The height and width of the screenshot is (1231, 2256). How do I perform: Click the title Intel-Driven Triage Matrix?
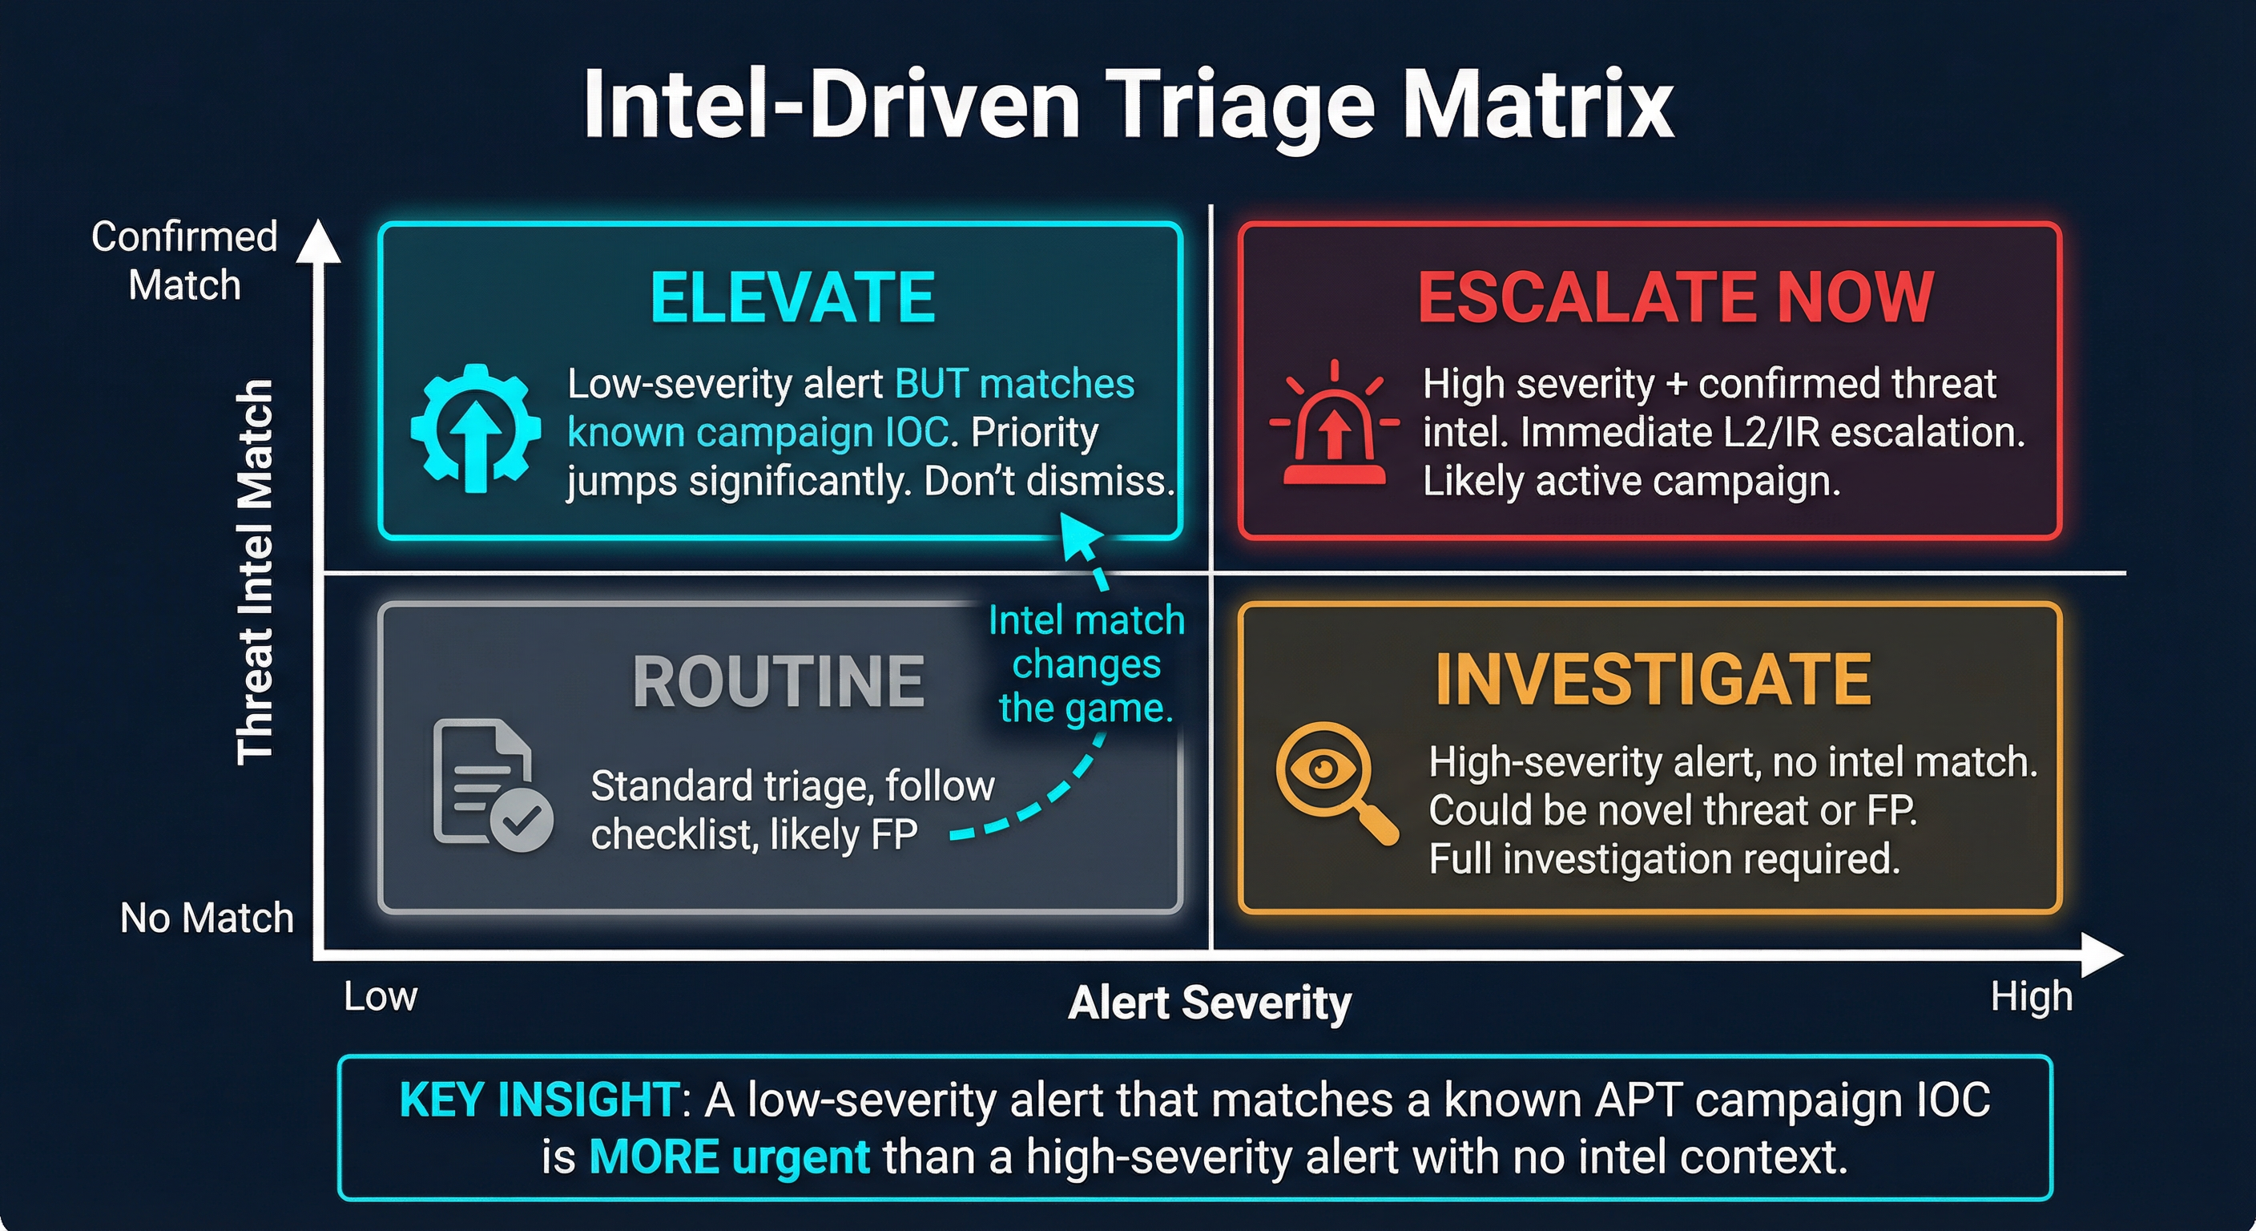tap(1128, 105)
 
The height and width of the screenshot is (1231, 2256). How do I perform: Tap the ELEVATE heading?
tap(792, 298)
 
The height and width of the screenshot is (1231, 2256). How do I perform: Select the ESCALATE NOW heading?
tap(1674, 298)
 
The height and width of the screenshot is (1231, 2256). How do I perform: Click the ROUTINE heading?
tap(778, 682)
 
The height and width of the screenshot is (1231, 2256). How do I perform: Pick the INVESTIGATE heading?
tap(1654, 680)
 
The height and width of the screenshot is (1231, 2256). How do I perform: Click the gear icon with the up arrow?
tap(476, 428)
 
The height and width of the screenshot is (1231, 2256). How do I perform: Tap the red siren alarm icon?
tap(1334, 424)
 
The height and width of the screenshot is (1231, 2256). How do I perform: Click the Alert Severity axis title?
tap(1210, 1002)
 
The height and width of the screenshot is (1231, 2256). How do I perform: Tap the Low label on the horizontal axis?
tap(380, 996)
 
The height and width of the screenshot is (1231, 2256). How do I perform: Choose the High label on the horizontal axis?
tap(2031, 997)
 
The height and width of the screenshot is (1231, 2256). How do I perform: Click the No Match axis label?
tap(207, 918)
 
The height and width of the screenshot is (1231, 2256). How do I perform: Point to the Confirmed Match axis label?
tap(184, 260)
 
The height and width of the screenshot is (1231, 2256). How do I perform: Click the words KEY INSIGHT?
tap(538, 1100)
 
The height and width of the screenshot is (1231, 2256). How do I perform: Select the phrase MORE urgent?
tap(729, 1157)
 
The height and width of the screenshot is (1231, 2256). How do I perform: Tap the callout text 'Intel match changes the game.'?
tap(1086, 664)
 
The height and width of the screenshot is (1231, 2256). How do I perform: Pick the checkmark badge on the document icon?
tap(522, 821)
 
